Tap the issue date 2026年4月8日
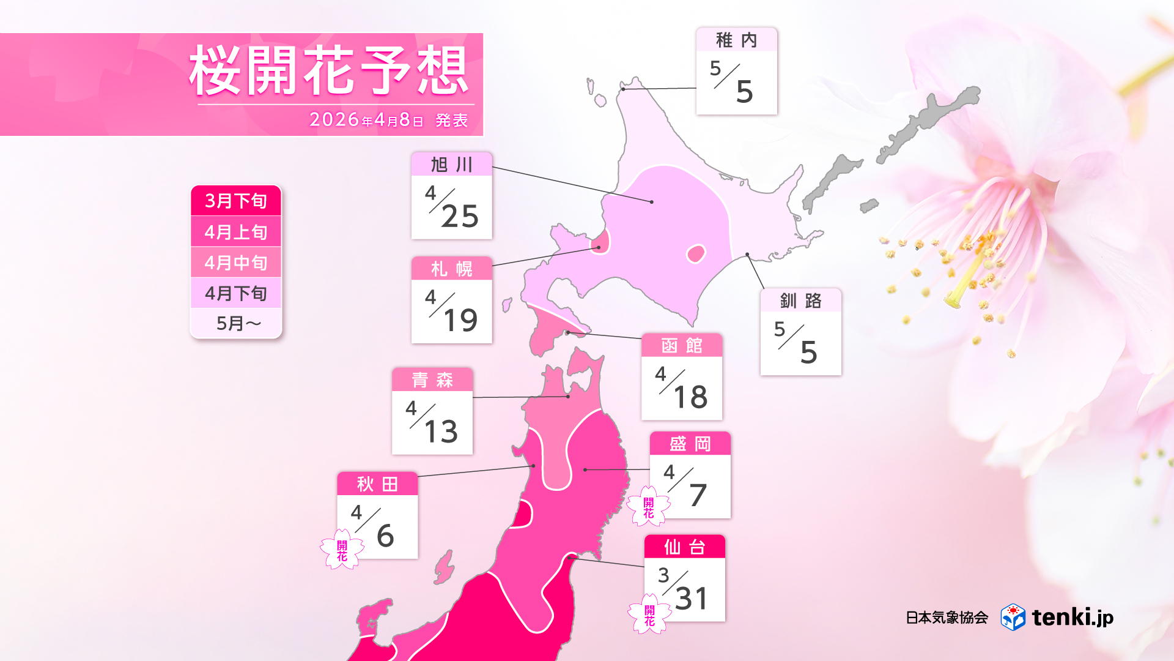[x=366, y=119]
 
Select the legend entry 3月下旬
[x=236, y=201]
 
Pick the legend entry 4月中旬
[x=236, y=263]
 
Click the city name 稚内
[x=736, y=40]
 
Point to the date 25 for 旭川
[x=460, y=216]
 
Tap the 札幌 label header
[x=451, y=269]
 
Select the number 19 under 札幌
[x=460, y=320]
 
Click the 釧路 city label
[x=800, y=301]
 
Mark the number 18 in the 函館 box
[x=690, y=397]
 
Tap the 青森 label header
[x=432, y=380]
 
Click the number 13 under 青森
[x=440, y=431]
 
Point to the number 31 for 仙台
[x=692, y=598]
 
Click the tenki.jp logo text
[x=1072, y=617]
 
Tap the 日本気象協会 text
[x=947, y=618]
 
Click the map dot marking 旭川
[x=651, y=201]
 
